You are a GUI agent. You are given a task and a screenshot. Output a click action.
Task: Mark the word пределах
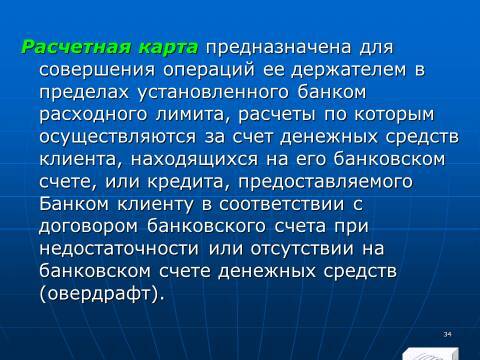coord(83,93)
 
